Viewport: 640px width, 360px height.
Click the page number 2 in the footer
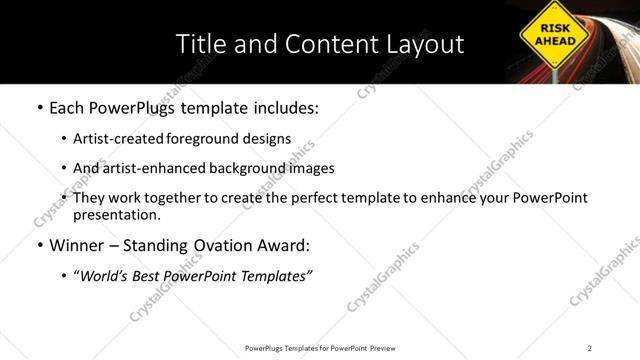(590, 347)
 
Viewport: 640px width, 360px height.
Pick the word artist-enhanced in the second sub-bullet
(153, 168)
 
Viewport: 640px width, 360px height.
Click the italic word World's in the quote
(109, 275)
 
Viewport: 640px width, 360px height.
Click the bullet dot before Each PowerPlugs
(39, 106)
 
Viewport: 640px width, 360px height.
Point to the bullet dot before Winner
(39, 245)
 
